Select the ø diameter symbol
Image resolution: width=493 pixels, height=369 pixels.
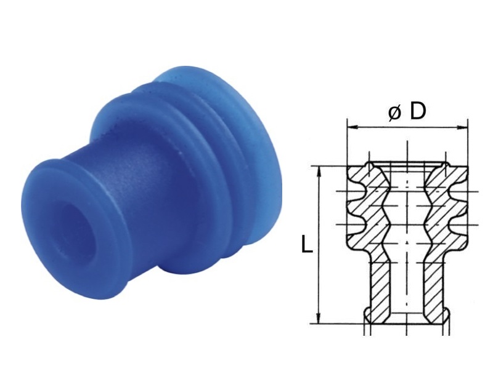(x=394, y=113)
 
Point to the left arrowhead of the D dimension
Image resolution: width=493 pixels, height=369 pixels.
(x=352, y=127)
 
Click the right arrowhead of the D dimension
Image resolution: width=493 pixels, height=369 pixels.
(x=463, y=127)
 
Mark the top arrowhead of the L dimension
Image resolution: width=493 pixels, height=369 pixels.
(x=319, y=172)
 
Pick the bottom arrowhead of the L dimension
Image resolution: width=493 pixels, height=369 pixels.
(x=319, y=317)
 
